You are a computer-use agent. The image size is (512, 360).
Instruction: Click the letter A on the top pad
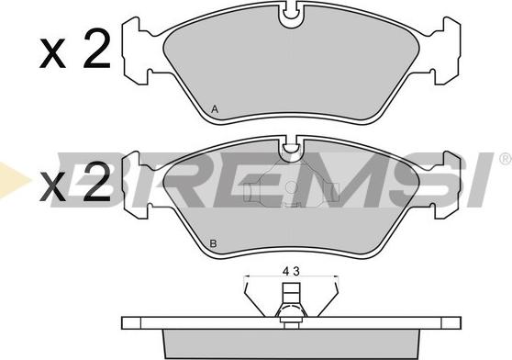[x=215, y=109]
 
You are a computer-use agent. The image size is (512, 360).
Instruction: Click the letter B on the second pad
[x=213, y=243]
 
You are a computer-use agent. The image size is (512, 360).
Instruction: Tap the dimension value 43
[x=291, y=272]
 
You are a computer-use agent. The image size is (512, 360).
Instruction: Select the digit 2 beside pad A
[x=97, y=49]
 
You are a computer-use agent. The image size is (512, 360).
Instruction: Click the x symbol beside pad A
[x=52, y=54]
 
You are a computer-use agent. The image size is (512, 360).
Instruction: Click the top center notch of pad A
[x=291, y=16]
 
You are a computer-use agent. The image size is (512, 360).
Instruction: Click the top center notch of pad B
[x=291, y=149]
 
